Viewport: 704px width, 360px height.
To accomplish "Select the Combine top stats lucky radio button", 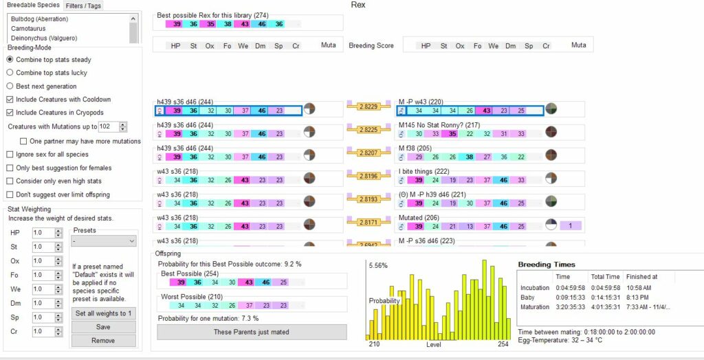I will [x=10, y=72].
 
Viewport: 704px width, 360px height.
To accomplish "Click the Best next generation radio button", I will [x=10, y=86].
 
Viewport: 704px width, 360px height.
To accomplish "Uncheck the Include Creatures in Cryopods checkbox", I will [x=10, y=112].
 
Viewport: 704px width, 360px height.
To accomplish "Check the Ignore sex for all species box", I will [x=10, y=155].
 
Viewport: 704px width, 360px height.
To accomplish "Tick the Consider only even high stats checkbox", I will [x=10, y=181].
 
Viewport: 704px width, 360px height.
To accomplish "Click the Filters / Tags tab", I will [x=85, y=5].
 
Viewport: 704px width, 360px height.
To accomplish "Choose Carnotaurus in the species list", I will [x=29, y=29].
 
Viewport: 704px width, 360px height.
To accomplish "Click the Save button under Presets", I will [x=103, y=327].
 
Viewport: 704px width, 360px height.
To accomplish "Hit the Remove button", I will [x=103, y=340].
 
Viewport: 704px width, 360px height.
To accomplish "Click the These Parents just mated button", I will [x=252, y=333].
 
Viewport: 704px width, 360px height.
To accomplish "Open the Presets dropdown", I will [x=103, y=241].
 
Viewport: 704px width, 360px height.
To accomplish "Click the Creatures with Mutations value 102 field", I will [x=107, y=126].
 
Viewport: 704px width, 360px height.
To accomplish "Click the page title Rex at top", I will [x=358, y=5].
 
